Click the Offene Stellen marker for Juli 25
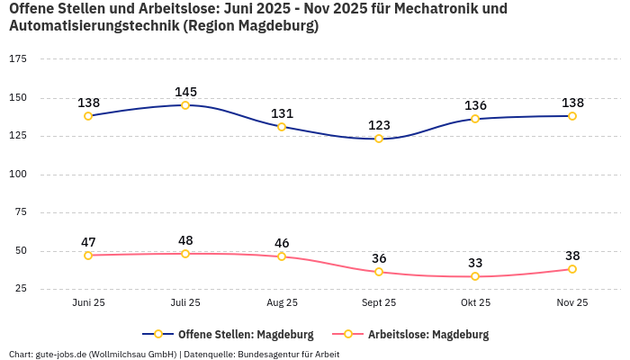pyautogui.click(x=185, y=105)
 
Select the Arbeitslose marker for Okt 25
pyautogui.click(x=475, y=276)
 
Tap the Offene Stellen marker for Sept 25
pyautogui.click(x=379, y=139)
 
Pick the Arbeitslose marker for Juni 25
pyautogui.click(x=88, y=256)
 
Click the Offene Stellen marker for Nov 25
pyautogui.click(x=572, y=116)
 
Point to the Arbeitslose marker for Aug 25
pyautogui.click(x=282, y=256)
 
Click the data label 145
pyautogui.click(x=186, y=92)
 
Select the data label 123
pyautogui.click(x=379, y=125)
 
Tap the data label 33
pyautogui.click(x=475, y=263)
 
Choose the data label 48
pyautogui.click(x=186, y=240)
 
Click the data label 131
pyautogui.click(x=283, y=113)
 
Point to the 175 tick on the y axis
pyautogui.click(x=18, y=58)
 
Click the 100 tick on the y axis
pyautogui.click(x=18, y=174)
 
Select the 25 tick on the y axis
pyautogui.click(x=20, y=289)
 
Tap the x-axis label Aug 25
pyautogui.click(x=282, y=303)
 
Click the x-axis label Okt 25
pyautogui.click(x=475, y=303)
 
